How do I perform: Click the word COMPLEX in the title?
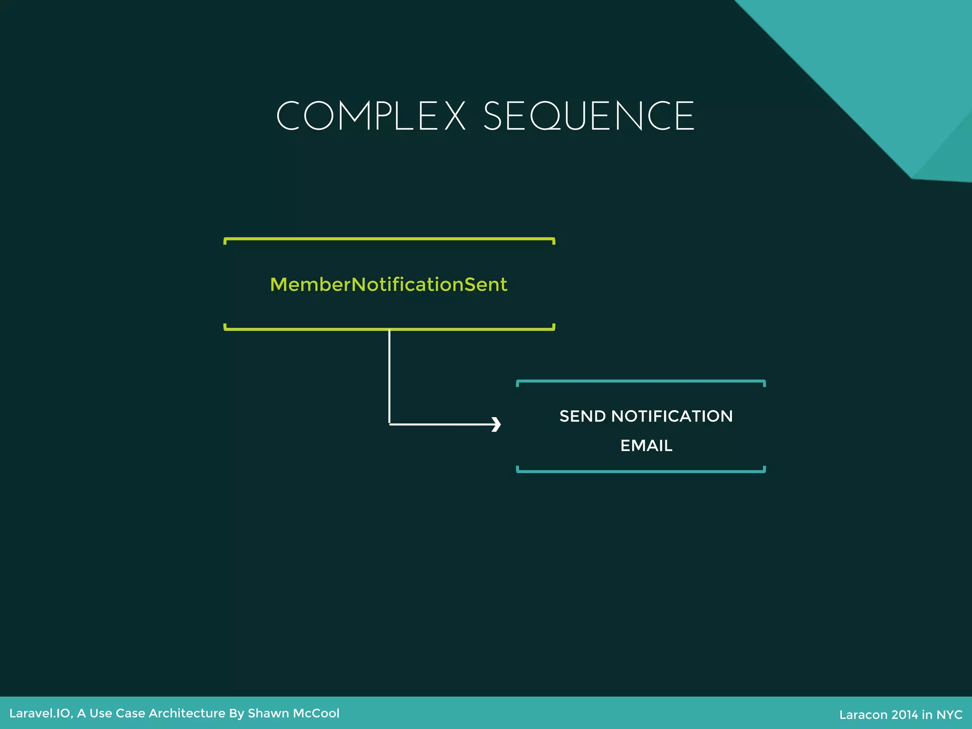click(x=371, y=116)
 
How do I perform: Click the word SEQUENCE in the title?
click(x=589, y=116)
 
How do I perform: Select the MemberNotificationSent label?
click(x=388, y=285)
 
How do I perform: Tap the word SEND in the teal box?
click(x=582, y=416)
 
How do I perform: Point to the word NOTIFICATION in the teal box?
click(x=672, y=416)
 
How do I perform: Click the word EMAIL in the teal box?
click(x=646, y=446)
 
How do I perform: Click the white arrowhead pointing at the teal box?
click(x=496, y=424)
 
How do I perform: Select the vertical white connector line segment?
click(x=389, y=375)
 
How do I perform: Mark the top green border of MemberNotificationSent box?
click(x=389, y=239)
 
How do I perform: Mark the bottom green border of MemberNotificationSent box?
click(x=389, y=328)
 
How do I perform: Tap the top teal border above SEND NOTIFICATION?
click(x=641, y=381)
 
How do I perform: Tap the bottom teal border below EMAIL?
click(x=641, y=471)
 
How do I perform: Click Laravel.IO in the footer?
click(x=40, y=713)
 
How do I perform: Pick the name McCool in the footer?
click(x=316, y=713)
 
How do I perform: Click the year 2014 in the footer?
click(x=905, y=715)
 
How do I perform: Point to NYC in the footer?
click(x=949, y=715)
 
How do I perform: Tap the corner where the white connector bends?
click(x=389, y=424)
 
